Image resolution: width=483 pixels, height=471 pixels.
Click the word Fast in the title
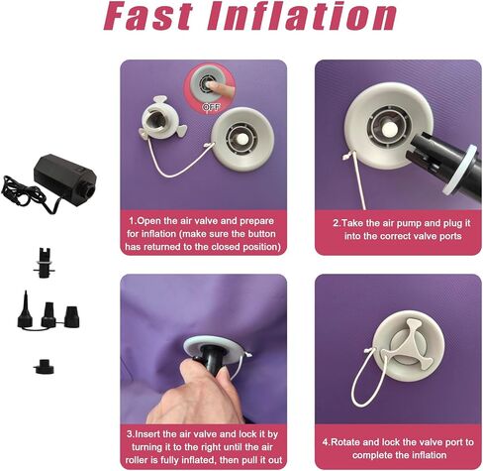pos(148,16)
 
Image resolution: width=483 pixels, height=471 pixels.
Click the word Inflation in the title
pos(302,16)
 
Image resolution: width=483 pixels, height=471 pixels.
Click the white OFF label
pos(211,107)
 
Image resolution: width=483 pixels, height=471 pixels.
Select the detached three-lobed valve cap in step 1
pos(162,118)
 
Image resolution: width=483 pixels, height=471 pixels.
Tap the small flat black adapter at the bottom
pos(44,367)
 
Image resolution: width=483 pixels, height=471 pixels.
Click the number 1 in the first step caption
pos(132,221)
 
